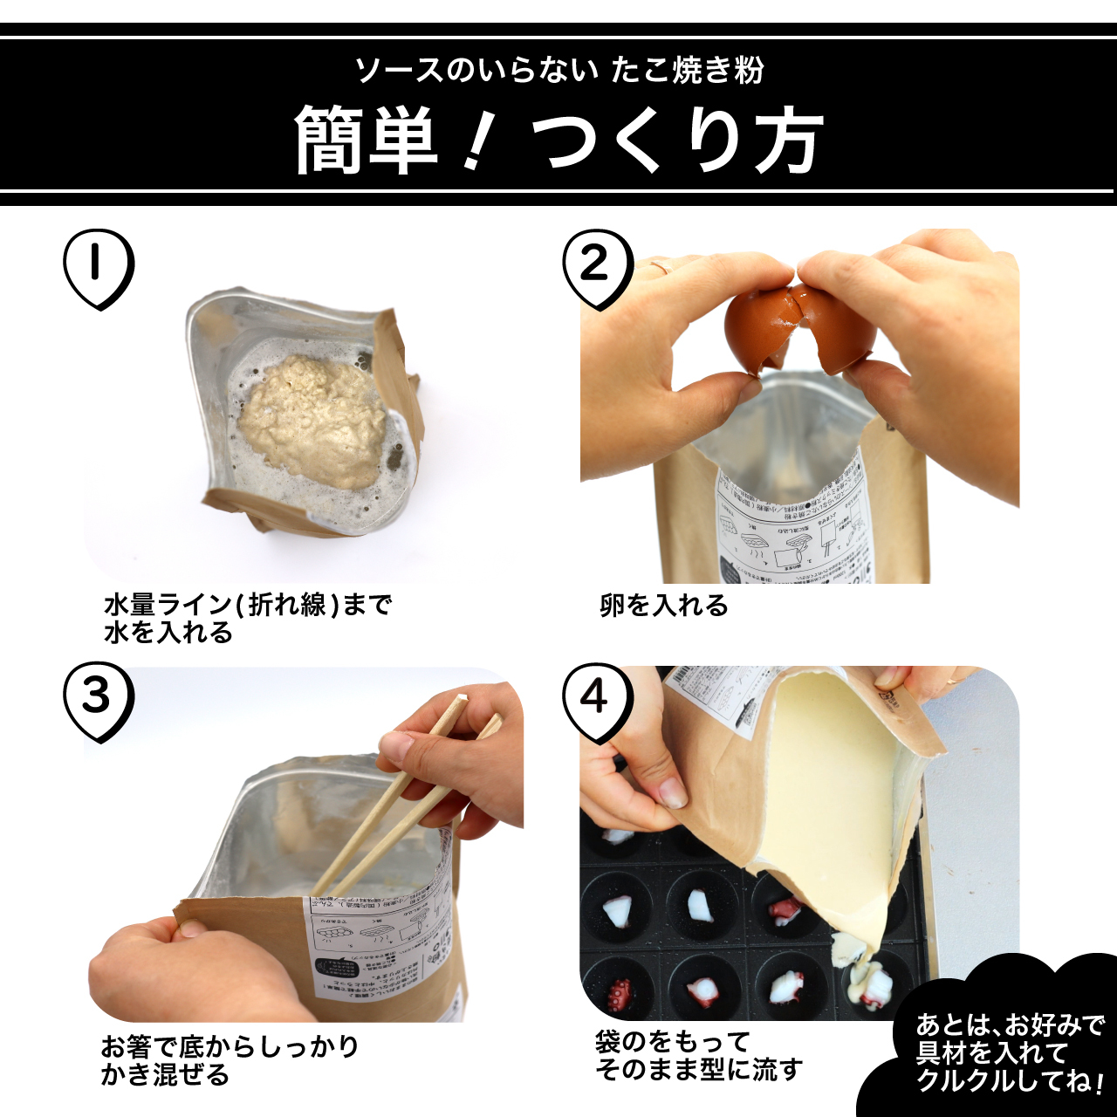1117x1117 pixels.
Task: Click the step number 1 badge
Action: [99, 267]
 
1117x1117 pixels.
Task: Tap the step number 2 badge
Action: [597, 267]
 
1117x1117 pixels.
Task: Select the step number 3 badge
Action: [99, 699]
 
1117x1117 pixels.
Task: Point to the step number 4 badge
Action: [597, 699]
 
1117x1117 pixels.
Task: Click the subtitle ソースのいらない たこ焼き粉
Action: [558, 70]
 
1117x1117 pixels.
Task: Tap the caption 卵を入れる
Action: [663, 605]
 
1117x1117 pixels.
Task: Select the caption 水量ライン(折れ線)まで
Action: [248, 604]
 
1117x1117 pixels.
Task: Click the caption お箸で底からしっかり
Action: [230, 1045]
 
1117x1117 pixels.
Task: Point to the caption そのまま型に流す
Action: [698, 1069]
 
